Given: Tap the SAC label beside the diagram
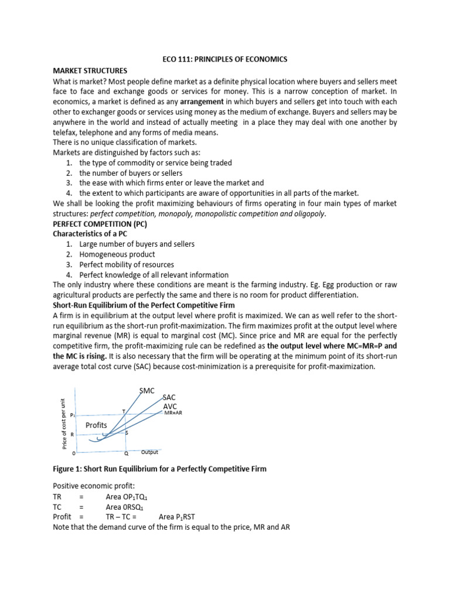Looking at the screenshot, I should tap(169, 397).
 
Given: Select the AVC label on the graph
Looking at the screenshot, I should tap(169, 406).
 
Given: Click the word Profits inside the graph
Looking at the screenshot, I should tap(96, 424).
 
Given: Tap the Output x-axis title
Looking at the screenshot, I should tap(149, 452).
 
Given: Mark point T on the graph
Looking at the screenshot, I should tap(124, 411).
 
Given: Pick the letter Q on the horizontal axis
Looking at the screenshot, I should tap(126, 453).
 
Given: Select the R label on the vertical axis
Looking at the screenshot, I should tap(72, 434).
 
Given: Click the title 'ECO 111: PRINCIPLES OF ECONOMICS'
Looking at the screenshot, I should tap(225, 60).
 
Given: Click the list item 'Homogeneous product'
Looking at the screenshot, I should tap(117, 254).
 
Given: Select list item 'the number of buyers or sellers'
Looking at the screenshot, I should tap(131, 173).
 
